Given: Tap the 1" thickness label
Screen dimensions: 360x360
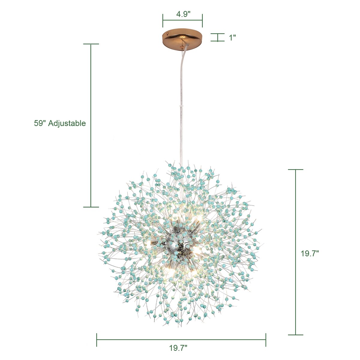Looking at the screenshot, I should [232, 38].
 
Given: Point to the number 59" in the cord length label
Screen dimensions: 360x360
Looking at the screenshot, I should [40, 123].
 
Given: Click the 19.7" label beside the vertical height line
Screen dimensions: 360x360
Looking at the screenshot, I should [309, 253].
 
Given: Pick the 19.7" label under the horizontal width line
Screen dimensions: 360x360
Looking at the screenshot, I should [178, 348].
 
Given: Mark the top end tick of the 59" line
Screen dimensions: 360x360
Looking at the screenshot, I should [91, 44].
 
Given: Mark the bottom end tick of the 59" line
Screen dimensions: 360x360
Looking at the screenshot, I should [91, 207].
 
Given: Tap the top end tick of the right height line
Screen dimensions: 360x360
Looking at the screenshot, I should [295, 169].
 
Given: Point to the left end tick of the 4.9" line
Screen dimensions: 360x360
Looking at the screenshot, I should [163, 21].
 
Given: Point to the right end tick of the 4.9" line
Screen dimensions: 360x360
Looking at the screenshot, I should [202, 21].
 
